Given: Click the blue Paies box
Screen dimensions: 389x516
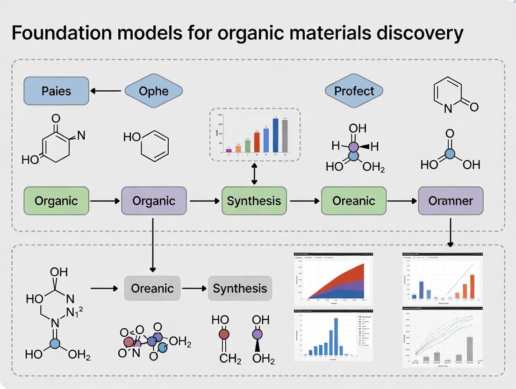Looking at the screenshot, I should (56, 91).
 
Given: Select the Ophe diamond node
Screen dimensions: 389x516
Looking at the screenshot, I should (154, 91).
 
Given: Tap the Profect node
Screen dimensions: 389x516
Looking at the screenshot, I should (354, 91).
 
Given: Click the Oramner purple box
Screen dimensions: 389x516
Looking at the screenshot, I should (451, 201).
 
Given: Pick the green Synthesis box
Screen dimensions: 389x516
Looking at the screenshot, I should (254, 201).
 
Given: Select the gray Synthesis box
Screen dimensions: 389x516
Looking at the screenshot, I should (240, 288).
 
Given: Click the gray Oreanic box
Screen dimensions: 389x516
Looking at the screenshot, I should (152, 288).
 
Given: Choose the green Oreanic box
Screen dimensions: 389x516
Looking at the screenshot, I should (354, 201).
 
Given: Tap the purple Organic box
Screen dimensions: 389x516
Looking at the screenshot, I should (154, 201).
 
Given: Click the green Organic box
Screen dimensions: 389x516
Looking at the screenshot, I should (56, 201).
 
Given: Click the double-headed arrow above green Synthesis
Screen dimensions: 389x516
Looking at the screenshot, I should (254, 174).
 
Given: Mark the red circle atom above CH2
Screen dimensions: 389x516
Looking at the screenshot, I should (224, 334).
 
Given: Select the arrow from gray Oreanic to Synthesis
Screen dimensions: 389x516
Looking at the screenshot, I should (194, 288).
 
